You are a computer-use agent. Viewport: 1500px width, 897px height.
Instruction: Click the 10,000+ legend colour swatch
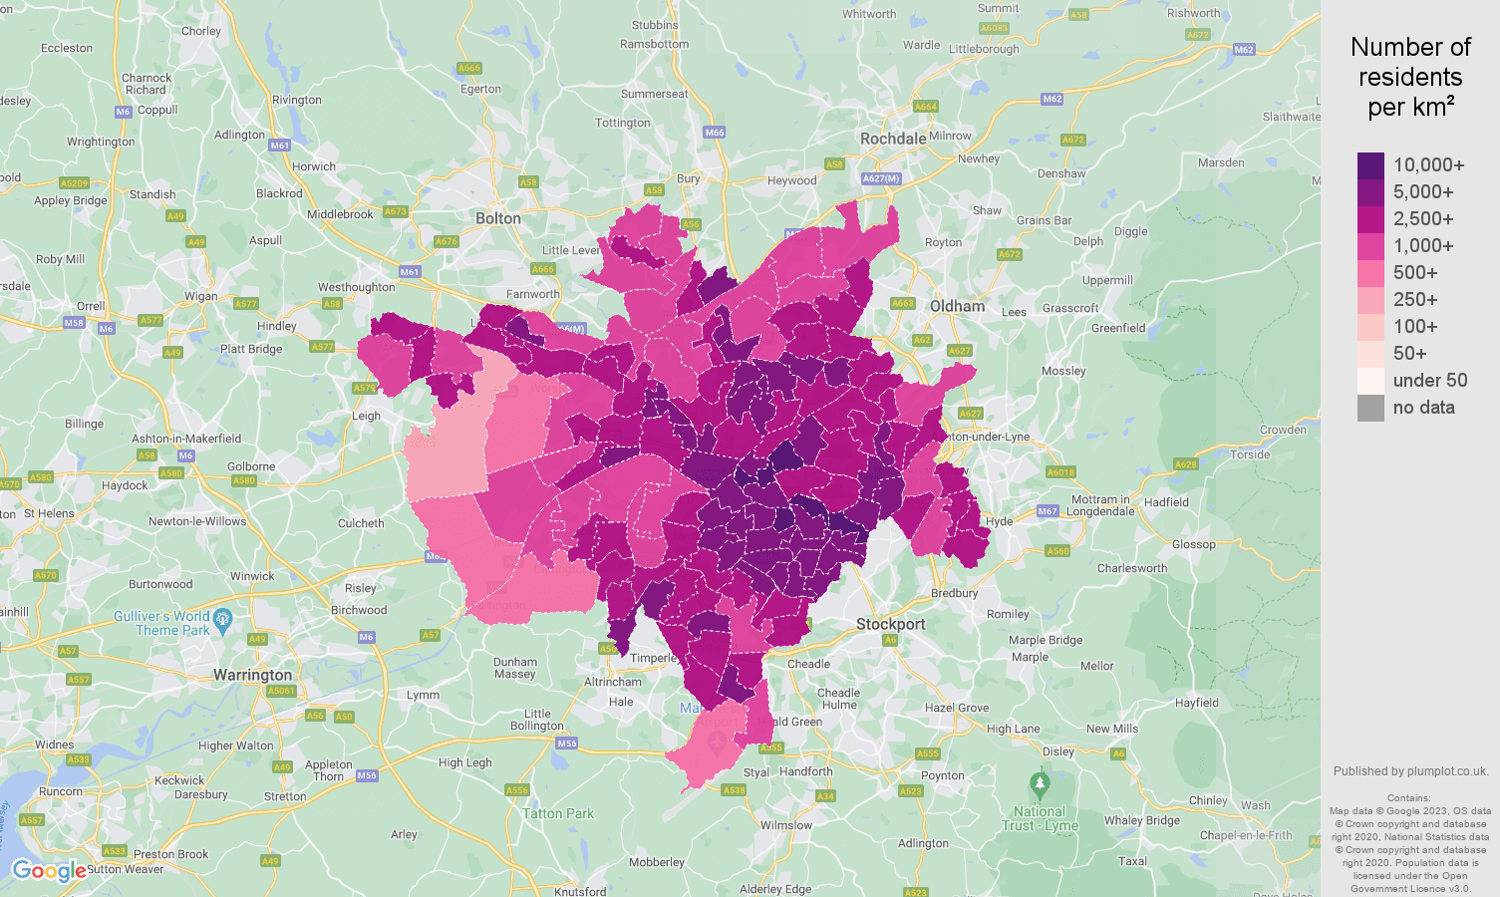[1370, 165]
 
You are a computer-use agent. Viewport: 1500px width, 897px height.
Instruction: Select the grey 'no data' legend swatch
[1370, 408]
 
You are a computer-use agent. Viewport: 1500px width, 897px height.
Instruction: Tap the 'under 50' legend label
[1429, 381]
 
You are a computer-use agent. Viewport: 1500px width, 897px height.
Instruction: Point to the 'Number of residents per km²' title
[1410, 77]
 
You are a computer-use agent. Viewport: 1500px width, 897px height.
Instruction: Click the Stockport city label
[890, 624]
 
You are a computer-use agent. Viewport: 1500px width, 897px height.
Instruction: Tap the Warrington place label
[252, 675]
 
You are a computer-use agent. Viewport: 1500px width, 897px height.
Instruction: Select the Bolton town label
[498, 218]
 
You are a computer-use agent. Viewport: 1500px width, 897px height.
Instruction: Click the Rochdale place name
[893, 139]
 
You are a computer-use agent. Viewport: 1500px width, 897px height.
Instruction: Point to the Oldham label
[957, 306]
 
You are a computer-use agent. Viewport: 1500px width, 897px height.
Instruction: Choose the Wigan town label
[200, 296]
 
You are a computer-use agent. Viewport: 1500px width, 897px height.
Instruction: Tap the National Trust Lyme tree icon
[1040, 783]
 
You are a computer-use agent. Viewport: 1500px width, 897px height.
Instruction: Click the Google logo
[48, 871]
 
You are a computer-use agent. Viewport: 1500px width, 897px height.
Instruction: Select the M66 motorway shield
[714, 133]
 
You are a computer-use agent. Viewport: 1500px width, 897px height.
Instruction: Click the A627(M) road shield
[880, 178]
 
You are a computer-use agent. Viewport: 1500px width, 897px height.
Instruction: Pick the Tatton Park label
[558, 813]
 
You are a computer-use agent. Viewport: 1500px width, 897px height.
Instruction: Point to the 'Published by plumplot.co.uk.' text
[1410, 771]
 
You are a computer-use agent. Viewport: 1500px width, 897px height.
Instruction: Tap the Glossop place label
[1193, 544]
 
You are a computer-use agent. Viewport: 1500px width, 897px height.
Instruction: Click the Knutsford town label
[579, 891]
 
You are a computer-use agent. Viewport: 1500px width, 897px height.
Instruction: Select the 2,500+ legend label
[1422, 219]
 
